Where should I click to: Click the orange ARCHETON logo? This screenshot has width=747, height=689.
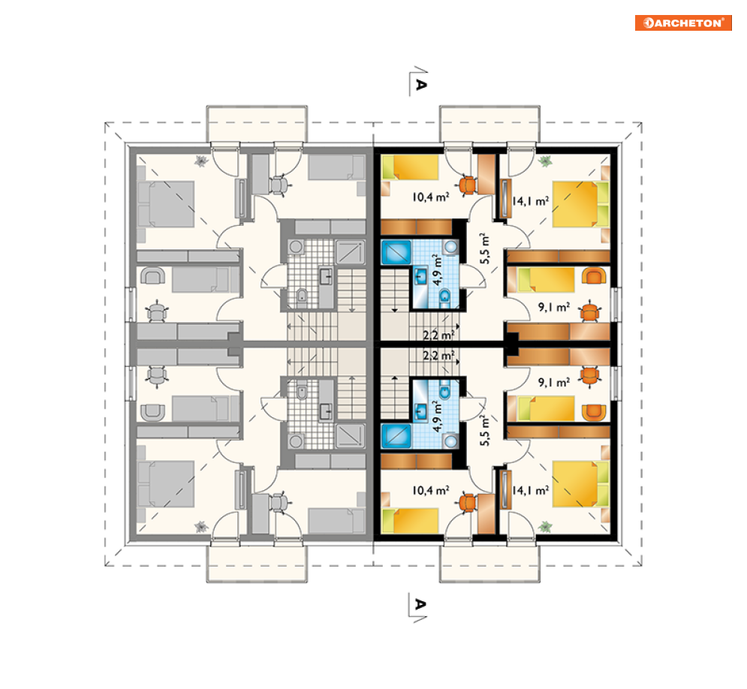pyautogui.click(x=683, y=23)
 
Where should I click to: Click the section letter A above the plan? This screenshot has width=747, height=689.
pyautogui.click(x=420, y=84)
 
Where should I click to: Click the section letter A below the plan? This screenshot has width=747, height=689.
pyautogui.click(x=420, y=604)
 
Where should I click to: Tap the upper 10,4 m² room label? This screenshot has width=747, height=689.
pyautogui.click(x=431, y=196)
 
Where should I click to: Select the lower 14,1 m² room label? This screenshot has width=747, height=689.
pyautogui.click(x=530, y=490)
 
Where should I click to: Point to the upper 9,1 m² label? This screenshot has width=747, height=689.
pyautogui.click(x=553, y=307)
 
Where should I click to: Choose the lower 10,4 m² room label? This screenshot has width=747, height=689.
pyautogui.click(x=431, y=490)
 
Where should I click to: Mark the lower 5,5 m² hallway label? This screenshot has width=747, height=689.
pyautogui.click(x=484, y=431)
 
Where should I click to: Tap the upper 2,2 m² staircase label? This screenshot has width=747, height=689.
pyautogui.click(x=438, y=335)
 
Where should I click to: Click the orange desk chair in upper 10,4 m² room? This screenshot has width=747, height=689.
pyautogui.click(x=468, y=185)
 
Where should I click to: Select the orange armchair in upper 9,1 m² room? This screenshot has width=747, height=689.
pyautogui.click(x=594, y=276)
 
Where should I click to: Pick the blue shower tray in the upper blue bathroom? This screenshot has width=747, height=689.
pyautogui.click(x=396, y=252)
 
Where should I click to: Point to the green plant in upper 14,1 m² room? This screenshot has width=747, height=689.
pyautogui.click(x=545, y=161)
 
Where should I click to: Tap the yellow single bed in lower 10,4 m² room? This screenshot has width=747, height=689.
pyautogui.click(x=410, y=520)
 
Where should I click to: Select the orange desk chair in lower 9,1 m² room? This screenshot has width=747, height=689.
pyautogui.click(x=590, y=376)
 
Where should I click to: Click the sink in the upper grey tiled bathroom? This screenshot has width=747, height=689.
pyautogui.click(x=325, y=276)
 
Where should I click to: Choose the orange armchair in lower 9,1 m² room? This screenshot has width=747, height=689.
pyautogui.click(x=594, y=412)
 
